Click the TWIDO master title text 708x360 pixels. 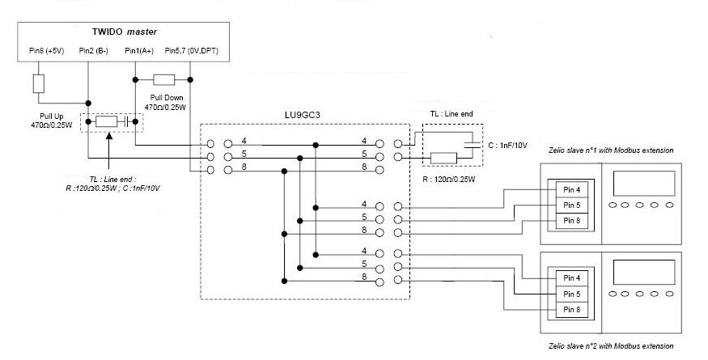(124, 32)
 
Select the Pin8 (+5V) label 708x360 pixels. (42, 51)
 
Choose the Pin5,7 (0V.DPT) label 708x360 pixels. (191, 51)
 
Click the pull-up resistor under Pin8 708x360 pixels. (37, 83)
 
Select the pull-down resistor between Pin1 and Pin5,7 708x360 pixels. (164, 79)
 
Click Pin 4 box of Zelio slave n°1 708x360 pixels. (571, 189)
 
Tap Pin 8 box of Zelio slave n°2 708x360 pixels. (571, 309)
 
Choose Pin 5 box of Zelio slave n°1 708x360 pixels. (571, 205)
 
